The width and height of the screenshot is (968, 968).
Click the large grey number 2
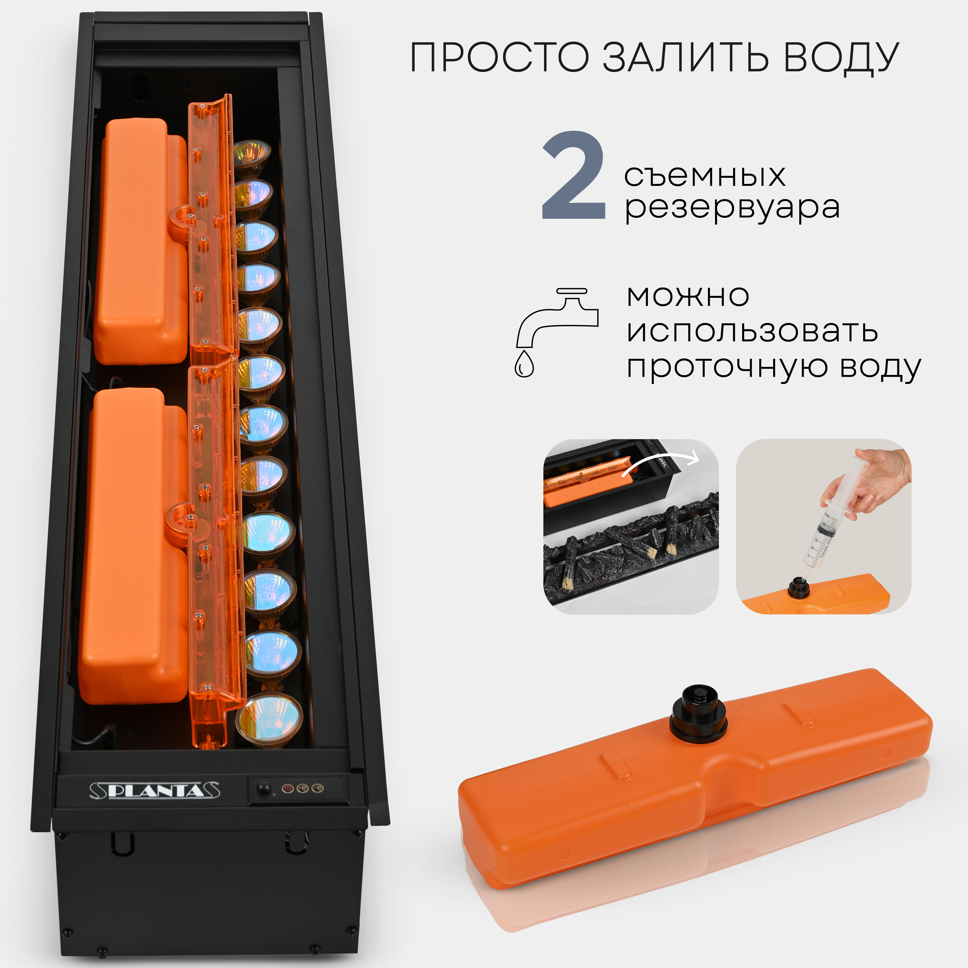[x=574, y=176]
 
